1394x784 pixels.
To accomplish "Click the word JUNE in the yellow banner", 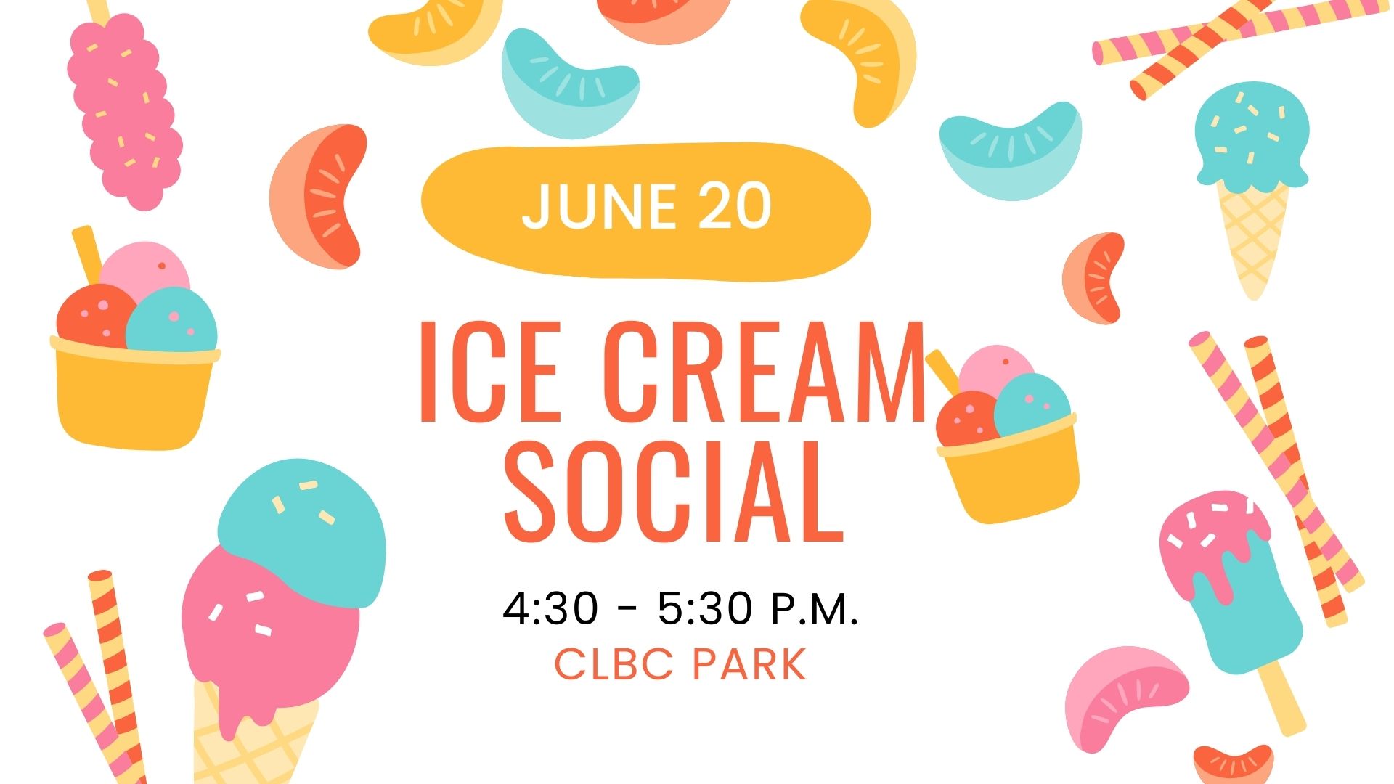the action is pos(598,206).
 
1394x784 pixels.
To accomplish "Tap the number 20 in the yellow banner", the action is pos(734,206).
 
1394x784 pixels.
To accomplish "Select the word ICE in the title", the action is pos(489,371).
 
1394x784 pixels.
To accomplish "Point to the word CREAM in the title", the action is pos(764,371).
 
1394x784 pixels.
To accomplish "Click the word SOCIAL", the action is pos(673,491).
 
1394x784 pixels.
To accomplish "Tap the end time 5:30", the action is pos(705,608).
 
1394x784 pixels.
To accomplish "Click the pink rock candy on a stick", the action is pos(123,109).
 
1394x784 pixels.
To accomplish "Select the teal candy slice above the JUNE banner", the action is pos(569,83).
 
